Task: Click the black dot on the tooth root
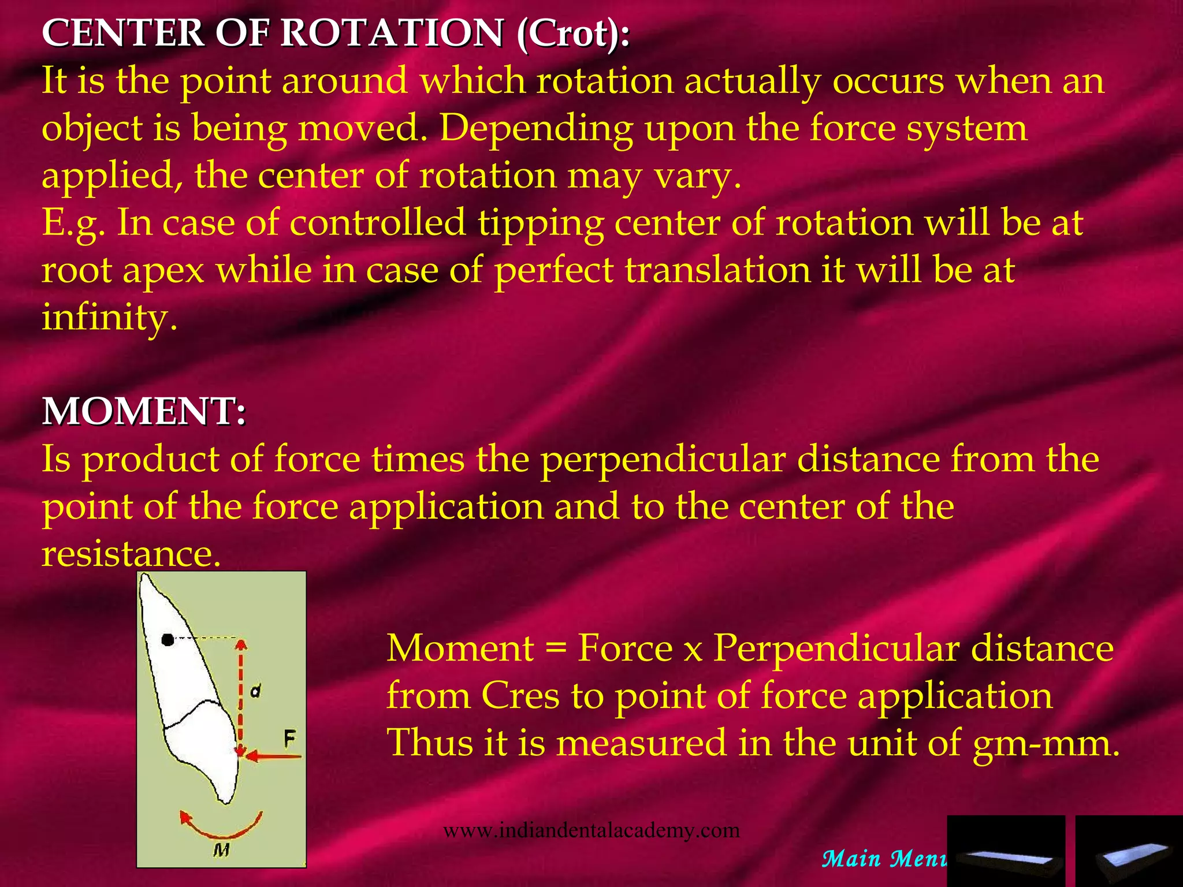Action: click(x=168, y=640)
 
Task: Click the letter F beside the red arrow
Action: click(x=289, y=738)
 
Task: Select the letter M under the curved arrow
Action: click(x=221, y=849)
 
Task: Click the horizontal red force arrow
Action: click(x=271, y=756)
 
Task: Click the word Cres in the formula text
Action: click(x=520, y=695)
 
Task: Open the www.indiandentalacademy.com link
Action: click(x=591, y=830)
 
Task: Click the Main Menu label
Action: click(x=884, y=859)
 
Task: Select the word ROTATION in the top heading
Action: click(x=392, y=33)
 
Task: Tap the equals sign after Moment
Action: click(x=556, y=648)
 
